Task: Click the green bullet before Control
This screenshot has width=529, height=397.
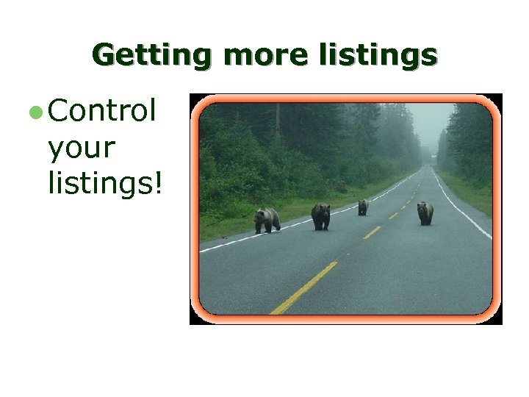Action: coord(35,113)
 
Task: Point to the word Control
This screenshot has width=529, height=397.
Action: coord(102,112)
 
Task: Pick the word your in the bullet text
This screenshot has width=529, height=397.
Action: coord(81,148)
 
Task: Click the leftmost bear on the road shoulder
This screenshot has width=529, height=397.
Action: coord(267,219)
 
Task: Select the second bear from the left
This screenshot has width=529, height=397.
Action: coord(320,216)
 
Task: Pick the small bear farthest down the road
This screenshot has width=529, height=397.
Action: coord(362,207)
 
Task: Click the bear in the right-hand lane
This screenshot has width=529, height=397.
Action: coord(425,212)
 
